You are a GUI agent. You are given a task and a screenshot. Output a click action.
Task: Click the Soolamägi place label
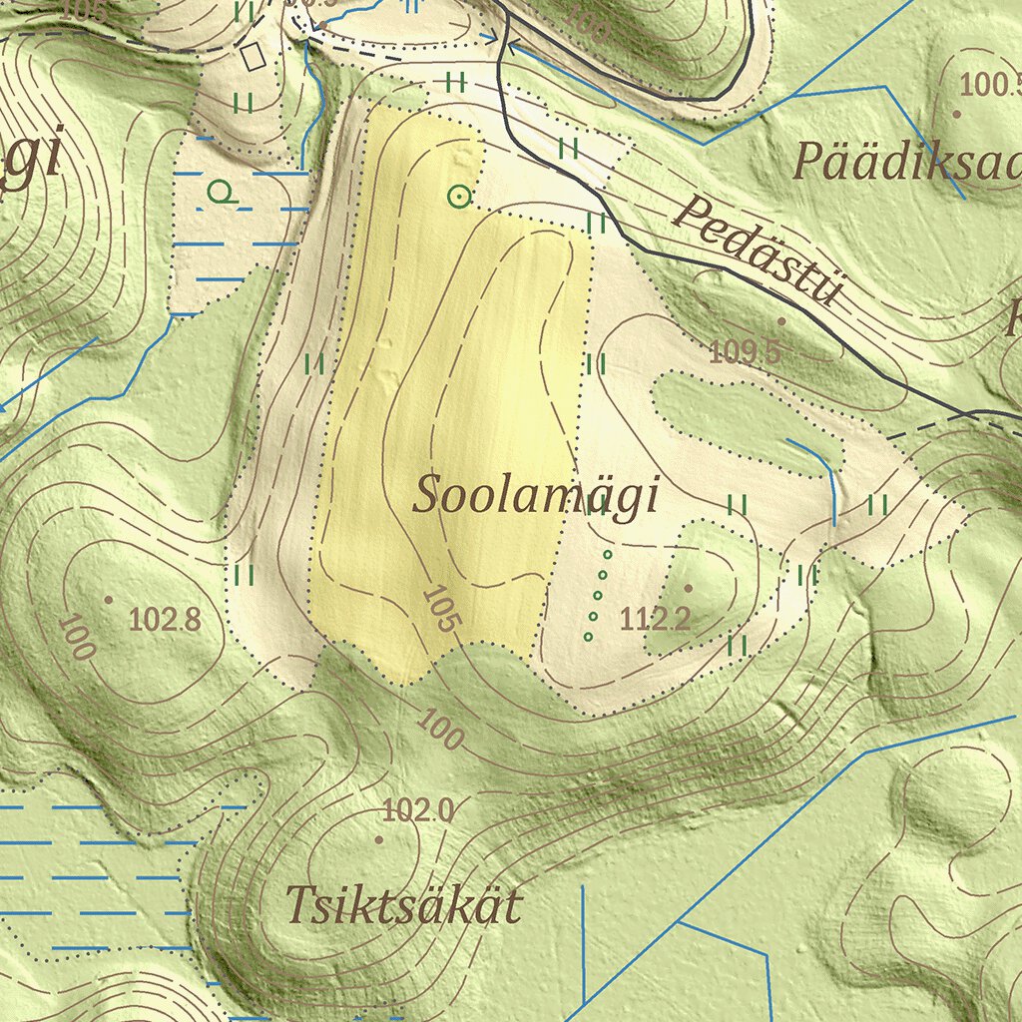click(x=536, y=496)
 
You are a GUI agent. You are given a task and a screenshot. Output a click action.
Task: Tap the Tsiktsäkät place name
click(x=403, y=906)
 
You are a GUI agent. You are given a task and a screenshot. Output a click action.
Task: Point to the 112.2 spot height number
click(x=655, y=620)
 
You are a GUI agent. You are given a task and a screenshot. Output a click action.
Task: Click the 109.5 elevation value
click(x=744, y=351)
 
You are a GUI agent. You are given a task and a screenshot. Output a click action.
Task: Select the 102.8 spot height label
click(x=165, y=620)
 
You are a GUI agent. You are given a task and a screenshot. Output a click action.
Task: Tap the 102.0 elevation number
click(x=417, y=811)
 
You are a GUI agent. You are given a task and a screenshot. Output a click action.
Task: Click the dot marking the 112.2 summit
click(x=688, y=588)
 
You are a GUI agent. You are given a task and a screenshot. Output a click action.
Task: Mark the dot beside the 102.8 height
click(x=109, y=599)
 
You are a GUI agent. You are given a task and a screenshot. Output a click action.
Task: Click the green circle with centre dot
click(x=459, y=197)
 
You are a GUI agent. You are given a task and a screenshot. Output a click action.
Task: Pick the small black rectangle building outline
click(x=254, y=55)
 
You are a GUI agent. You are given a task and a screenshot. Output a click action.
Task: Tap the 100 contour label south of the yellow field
click(x=440, y=730)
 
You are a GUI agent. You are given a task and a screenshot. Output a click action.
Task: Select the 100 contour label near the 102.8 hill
click(x=76, y=637)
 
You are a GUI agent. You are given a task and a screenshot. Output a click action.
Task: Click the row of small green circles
click(x=598, y=595)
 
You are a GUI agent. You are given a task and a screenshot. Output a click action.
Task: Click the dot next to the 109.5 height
click(x=781, y=321)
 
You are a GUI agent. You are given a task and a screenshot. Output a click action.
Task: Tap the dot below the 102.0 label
click(x=378, y=839)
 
